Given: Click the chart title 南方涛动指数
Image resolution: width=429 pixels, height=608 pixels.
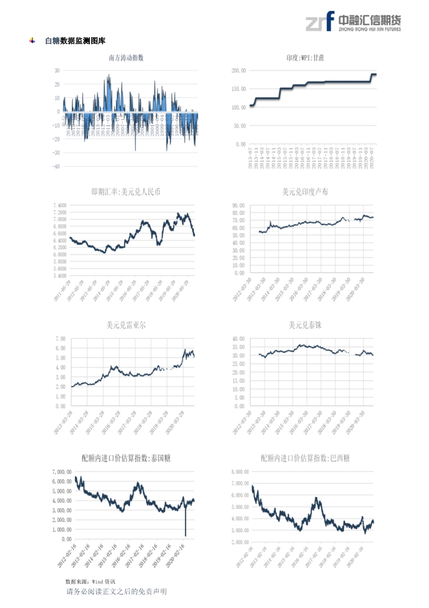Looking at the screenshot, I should point(126,58).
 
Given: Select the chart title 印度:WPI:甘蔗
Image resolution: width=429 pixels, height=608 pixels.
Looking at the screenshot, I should point(305,58).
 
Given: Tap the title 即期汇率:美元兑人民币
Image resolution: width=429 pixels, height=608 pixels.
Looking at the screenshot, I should point(126,192).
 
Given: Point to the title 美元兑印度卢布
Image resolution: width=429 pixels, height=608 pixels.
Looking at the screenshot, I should point(305,192).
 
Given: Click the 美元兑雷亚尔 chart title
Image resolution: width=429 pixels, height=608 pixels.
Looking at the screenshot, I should point(126,325).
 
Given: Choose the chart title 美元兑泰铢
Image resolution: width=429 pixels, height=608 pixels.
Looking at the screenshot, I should point(305,325).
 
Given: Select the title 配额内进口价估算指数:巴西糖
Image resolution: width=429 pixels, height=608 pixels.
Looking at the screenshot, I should point(305,458).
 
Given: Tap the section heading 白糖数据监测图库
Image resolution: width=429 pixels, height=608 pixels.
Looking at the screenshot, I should point(75,41).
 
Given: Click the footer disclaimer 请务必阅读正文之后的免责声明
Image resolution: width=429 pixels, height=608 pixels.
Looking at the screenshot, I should point(117,592).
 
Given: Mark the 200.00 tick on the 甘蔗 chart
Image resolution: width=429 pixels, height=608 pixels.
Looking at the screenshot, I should point(238,70).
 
